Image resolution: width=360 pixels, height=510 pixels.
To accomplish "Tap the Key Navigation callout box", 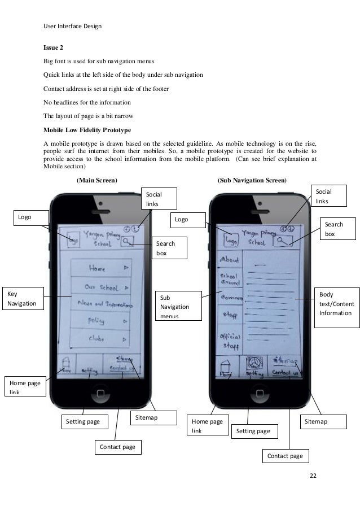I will tap(23, 298).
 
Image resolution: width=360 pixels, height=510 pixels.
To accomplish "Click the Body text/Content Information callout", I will tap(337, 304).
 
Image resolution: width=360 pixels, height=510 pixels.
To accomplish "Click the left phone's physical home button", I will tap(100, 391).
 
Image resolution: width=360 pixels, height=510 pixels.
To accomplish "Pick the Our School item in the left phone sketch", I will tap(101, 287).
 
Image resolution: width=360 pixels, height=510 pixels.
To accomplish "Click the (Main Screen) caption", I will tap(96, 180).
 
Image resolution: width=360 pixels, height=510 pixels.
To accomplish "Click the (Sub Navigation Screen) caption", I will tap(252, 180).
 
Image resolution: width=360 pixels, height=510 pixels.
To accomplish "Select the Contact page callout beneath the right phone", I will tap(285, 456).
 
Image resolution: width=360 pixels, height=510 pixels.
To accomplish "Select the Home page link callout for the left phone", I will tap(24, 387).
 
